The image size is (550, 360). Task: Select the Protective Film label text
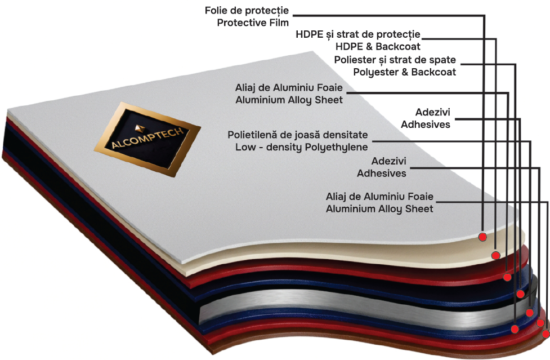(252, 23)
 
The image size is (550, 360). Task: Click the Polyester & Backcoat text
(404, 72)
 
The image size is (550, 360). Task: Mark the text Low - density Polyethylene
(301, 148)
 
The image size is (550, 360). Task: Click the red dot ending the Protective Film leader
(483, 237)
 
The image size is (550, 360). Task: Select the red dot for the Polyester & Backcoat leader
(507, 277)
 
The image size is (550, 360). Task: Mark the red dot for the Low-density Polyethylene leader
(529, 313)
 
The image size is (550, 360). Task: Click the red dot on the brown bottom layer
(545, 335)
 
